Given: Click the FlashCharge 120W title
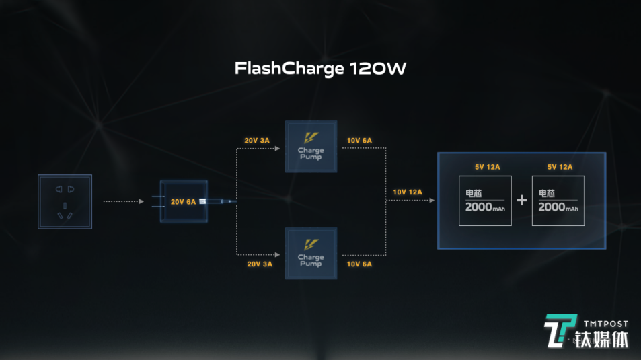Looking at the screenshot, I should [x=320, y=69].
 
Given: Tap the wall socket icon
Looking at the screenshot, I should [x=65, y=201].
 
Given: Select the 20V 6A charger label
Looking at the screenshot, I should [x=183, y=201].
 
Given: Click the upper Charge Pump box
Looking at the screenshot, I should [x=310, y=147].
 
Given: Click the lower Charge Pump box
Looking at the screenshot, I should [x=310, y=253].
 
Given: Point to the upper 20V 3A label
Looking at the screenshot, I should [x=257, y=140].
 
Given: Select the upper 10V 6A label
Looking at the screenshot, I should [x=359, y=140].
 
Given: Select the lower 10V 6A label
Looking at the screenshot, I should [x=359, y=264].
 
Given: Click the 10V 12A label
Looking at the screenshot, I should [x=408, y=192].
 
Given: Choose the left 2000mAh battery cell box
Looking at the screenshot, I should [x=484, y=201].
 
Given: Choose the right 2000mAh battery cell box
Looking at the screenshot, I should [x=558, y=201].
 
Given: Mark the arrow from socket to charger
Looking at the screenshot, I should [x=124, y=201].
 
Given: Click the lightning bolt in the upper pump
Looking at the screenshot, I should [x=310, y=137].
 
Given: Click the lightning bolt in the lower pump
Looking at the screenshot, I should [x=310, y=244].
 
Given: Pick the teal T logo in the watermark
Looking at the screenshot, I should [x=560, y=331].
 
